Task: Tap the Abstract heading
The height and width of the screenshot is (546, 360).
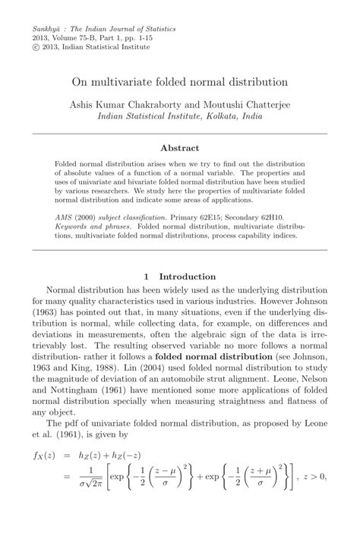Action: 180,148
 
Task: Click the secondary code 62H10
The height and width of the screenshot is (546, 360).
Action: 262,216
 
